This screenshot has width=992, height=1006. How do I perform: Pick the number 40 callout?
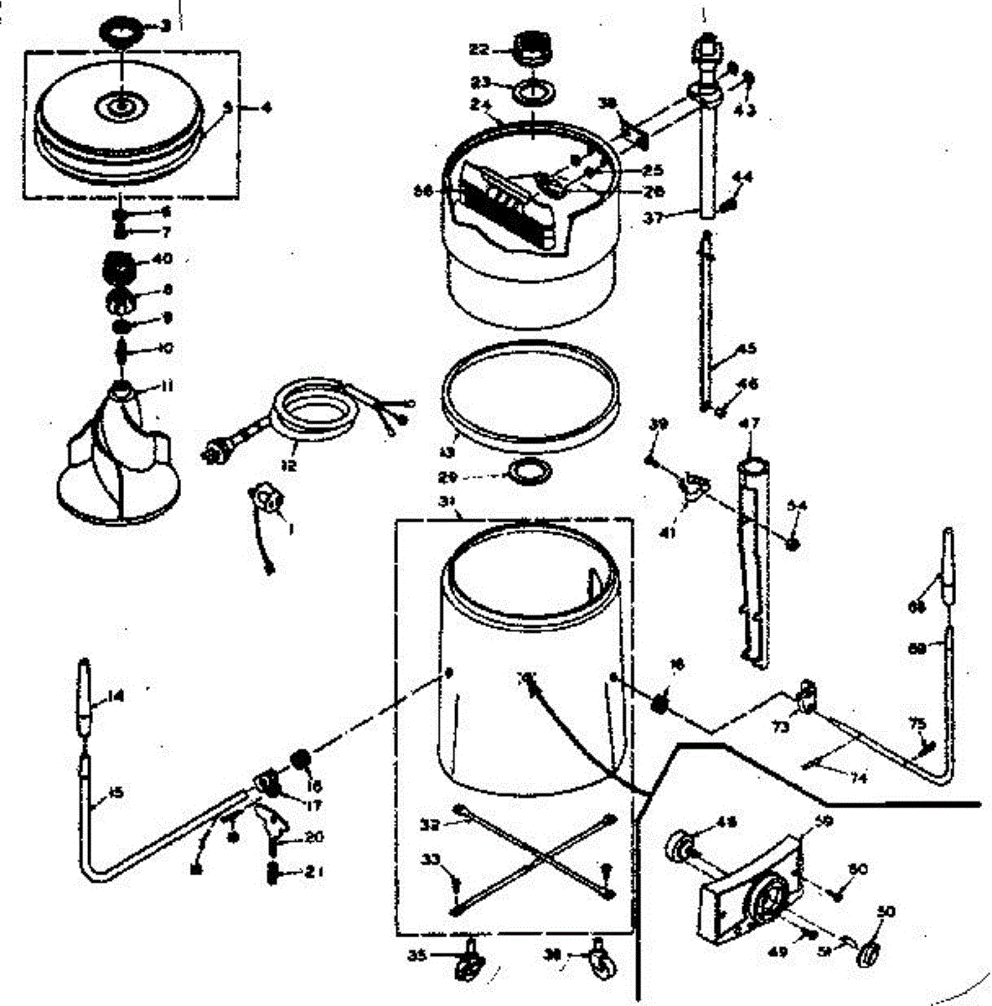click(x=162, y=258)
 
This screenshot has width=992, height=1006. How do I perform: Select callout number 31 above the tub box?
click(x=450, y=504)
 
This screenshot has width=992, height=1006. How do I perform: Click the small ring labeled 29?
click(x=532, y=473)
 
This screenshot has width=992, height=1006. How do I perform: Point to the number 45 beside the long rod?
click(x=746, y=350)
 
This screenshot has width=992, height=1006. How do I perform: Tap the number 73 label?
click(x=781, y=727)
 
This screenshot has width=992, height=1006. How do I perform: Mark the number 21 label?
click(x=313, y=872)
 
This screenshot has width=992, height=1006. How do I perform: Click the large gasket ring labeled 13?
click(x=530, y=394)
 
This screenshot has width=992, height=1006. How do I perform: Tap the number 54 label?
click(x=797, y=505)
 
